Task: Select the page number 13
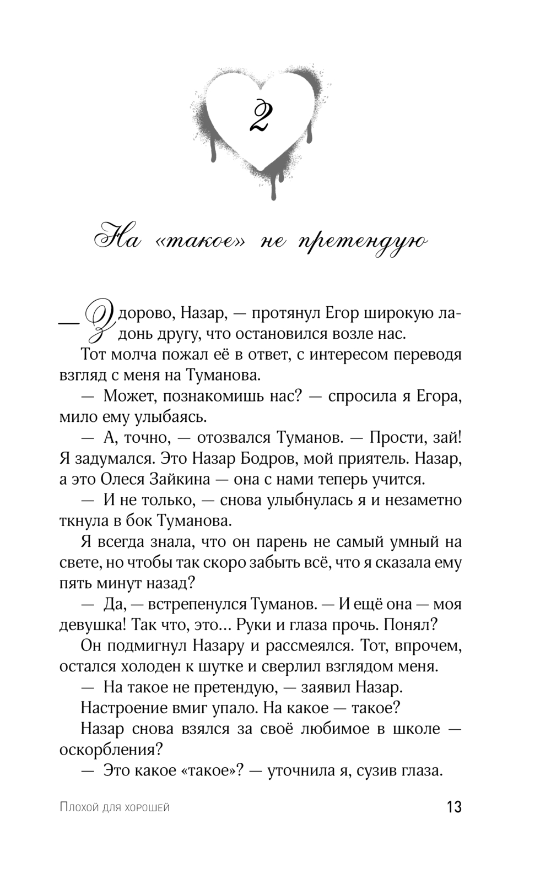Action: click(x=454, y=807)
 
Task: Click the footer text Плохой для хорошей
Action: click(x=114, y=808)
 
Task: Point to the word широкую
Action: click(x=397, y=314)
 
